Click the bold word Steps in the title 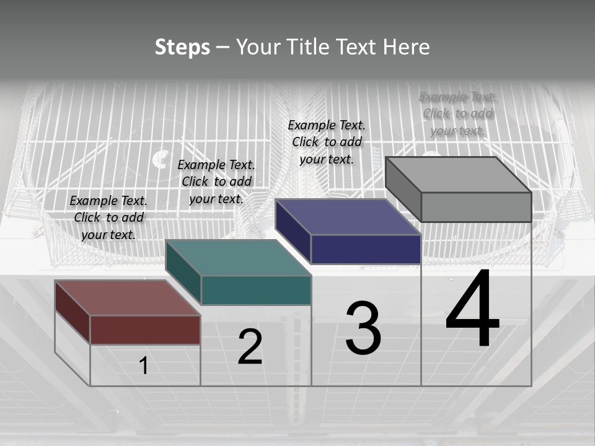pyautogui.click(x=182, y=47)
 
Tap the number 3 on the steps pyautogui.click(x=363, y=328)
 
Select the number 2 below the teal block pyautogui.click(x=250, y=347)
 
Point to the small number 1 pyautogui.click(x=143, y=365)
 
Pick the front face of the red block pyautogui.click(x=145, y=330)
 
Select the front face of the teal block pyautogui.click(x=256, y=290)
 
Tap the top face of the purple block pyautogui.click(x=348, y=217)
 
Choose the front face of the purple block pyautogui.click(x=366, y=249)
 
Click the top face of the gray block pyautogui.click(x=458, y=174)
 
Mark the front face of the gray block pyautogui.click(x=476, y=207)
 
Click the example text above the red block pyautogui.click(x=108, y=217)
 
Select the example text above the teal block pyautogui.click(x=216, y=181)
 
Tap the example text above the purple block pyautogui.click(x=327, y=142)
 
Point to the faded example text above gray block pyautogui.click(x=457, y=113)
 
